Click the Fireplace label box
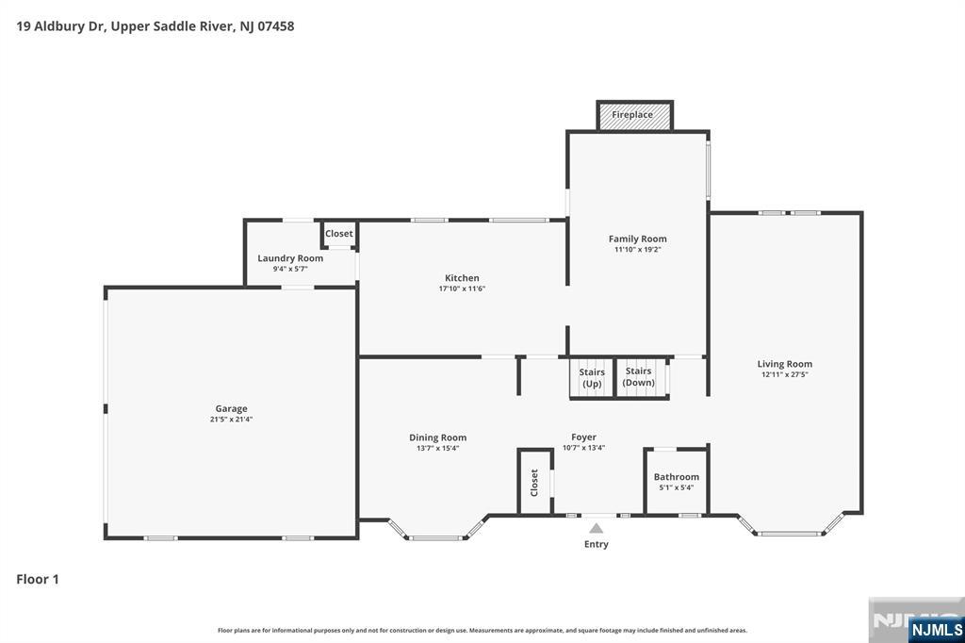point(633,115)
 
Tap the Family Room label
point(638,239)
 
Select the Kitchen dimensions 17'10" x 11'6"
point(462,289)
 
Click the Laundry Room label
point(290,258)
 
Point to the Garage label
point(231,409)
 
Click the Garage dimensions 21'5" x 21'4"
point(231,420)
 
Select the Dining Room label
point(437,437)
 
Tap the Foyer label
point(583,437)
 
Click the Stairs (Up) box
point(592,378)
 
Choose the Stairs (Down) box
point(639,377)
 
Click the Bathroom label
point(677,477)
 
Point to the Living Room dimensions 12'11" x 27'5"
point(785,374)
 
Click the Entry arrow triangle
point(596,529)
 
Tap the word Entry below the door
point(597,544)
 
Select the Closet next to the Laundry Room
point(339,234)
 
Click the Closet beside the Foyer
point(534,483)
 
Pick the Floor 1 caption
point(38,579)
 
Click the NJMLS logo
point(936,628)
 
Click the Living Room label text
point(785,364)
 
